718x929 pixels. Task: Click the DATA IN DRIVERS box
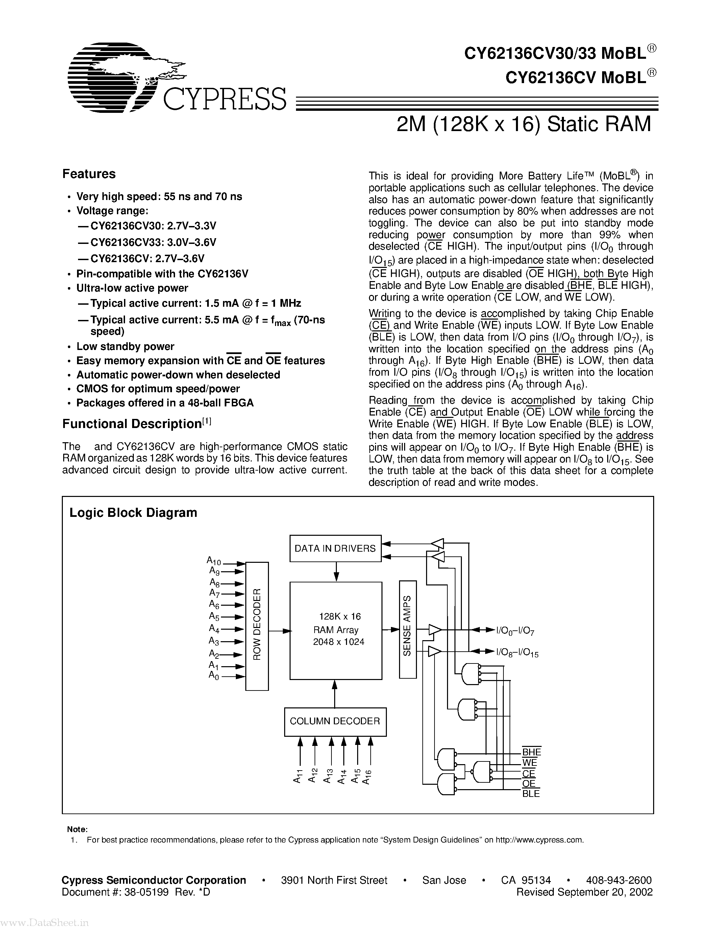click(336, 548)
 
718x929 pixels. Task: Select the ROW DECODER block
click(257, 624)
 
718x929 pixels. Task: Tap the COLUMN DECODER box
click(335, 721)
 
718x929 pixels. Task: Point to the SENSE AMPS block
click(407, 629)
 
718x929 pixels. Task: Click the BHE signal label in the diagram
click(531, 752)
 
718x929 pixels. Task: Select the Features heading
click(89, 174)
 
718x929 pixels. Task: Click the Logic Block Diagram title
click(133, 512)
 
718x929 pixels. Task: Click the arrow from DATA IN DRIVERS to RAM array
click(336, 571)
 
